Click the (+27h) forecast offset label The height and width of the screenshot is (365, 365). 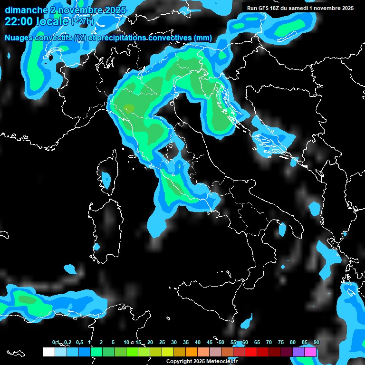click(82, 21)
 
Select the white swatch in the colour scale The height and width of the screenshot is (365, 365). click(48, 352)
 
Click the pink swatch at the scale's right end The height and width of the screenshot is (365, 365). click(310, 352)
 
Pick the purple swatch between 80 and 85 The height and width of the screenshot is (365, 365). click(298, 352)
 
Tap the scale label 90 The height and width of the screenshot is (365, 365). click(317, 342)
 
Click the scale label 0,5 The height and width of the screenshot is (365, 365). click(79, 342)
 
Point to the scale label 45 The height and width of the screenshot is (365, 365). click(210, 342)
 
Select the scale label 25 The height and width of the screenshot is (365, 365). click(162, 342)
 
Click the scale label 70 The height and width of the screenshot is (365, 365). click(269, 342)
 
